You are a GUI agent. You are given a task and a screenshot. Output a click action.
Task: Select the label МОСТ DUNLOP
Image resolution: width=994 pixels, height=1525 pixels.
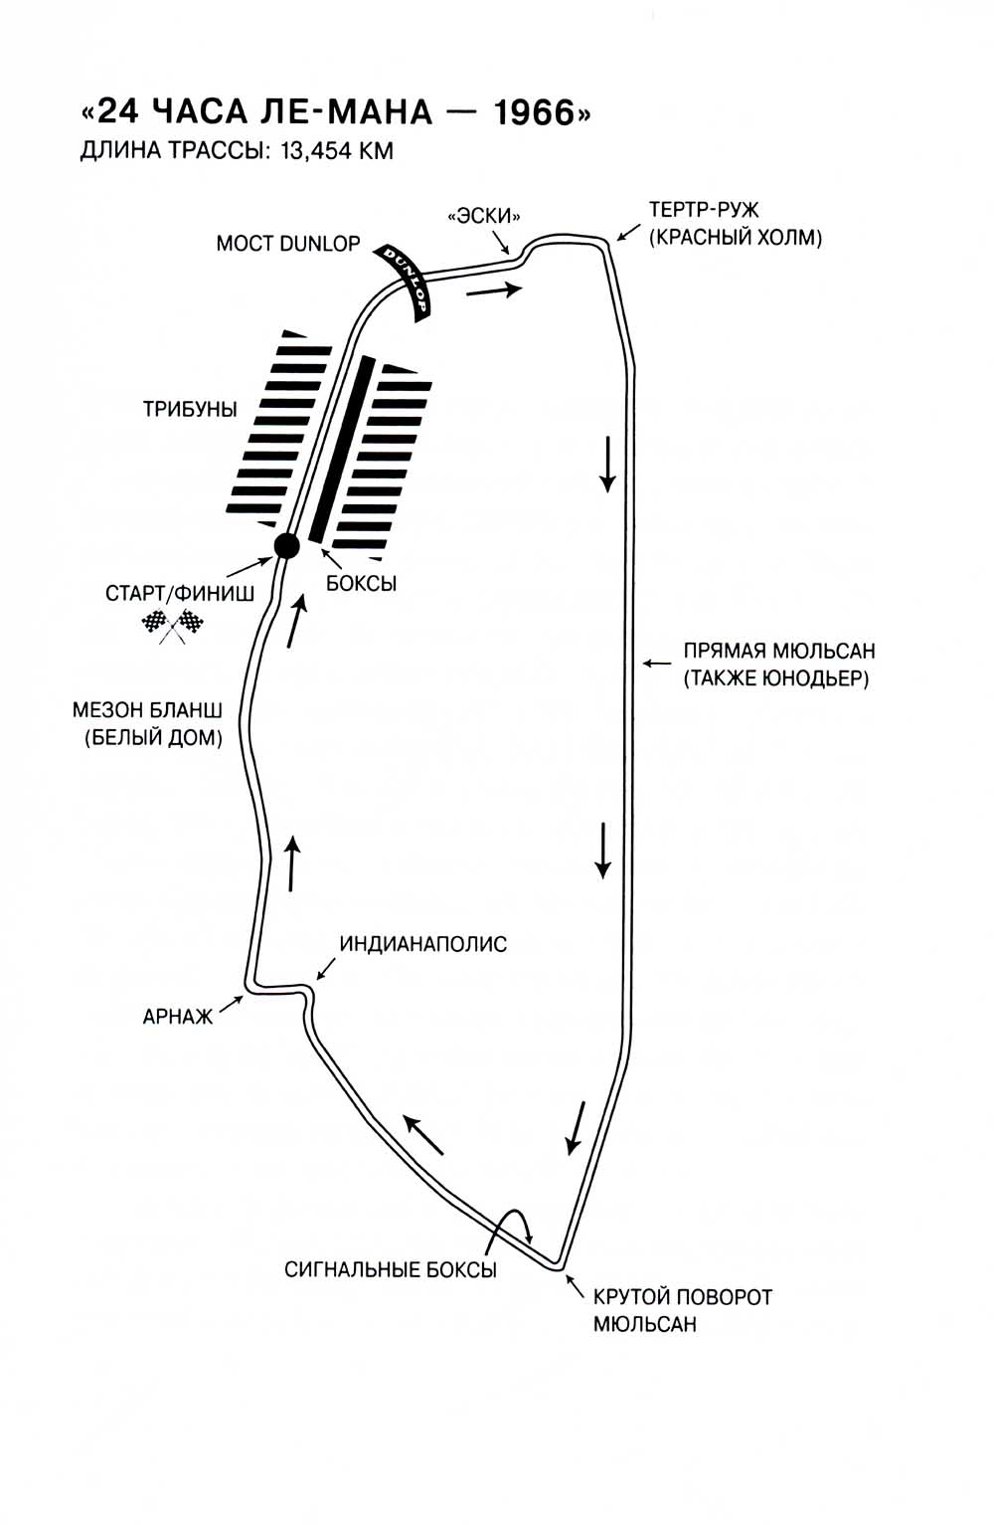click(x=288, y=244)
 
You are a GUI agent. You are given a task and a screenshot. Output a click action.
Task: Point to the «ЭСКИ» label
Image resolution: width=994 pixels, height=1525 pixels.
click(x=484, y=215)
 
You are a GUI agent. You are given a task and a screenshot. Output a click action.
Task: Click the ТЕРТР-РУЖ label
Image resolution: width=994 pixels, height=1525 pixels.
click(x=704, y=210)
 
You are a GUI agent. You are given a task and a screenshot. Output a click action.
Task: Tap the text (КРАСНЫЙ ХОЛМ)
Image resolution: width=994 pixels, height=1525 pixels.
click(x=736, y=238)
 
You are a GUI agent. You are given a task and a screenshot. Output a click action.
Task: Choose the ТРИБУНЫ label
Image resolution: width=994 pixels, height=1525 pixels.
click(x=190, y=409)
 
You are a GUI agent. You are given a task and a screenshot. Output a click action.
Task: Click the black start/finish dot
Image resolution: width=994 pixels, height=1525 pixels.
click(x=286, y=545)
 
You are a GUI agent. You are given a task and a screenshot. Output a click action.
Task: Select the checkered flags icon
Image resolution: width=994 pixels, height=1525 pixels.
click(x=173, y=625)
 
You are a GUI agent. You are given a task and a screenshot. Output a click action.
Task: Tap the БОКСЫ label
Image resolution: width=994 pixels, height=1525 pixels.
click(x=362, y=584)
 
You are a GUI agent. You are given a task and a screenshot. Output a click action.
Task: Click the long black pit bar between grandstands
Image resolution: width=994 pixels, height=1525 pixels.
click(x=342, y=449)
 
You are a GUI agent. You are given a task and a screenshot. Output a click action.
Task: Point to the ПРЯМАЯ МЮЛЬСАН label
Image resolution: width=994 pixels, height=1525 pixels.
click(x=778, y=651)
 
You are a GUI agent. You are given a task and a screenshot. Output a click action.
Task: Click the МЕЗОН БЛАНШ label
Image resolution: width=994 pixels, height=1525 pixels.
click(x=147, y=710)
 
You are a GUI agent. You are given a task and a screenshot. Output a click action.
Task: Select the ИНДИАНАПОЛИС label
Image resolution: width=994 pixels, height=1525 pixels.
click(x=423, y=943)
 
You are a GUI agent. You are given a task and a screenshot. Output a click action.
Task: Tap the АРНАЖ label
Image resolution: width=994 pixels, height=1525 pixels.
click(x=178, y=1017)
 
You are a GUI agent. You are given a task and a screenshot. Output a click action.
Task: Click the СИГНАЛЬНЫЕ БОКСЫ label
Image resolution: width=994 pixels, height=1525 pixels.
click(x=391, y=1269)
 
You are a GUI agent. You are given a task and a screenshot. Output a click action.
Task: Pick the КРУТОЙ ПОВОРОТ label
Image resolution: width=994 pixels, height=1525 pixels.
click(x=682, y=1297)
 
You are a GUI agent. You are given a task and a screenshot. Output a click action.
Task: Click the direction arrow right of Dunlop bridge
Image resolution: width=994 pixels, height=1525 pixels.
click(x=494, y=290)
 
